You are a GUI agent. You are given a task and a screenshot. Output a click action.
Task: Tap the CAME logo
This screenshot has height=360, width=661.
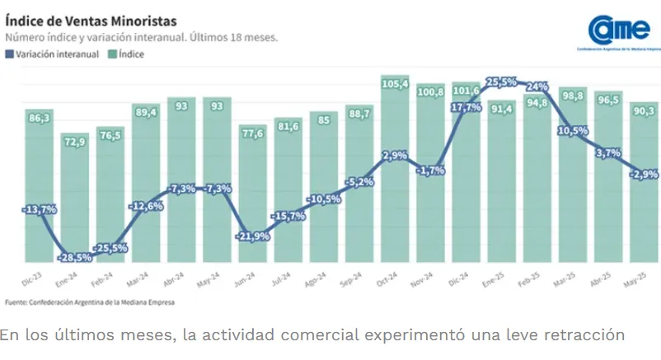click(x=619, y=30)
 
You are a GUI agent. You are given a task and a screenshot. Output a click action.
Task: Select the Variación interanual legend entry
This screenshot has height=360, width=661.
click(x=53, y=54)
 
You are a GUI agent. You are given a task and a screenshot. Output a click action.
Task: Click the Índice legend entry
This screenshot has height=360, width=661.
click(x=128, y=54)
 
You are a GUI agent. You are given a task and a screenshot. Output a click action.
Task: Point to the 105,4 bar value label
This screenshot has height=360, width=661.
click(x=396, y=84)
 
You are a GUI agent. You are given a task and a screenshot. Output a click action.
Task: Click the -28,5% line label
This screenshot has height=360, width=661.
click(x=75, y=258)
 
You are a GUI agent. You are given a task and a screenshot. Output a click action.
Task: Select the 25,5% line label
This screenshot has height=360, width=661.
click(x=502, y=82)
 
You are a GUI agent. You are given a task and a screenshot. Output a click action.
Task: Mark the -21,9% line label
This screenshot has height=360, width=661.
click(x=253, y=236)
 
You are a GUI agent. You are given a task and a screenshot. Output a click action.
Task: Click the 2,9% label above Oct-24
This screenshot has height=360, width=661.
click(x=396, y=156)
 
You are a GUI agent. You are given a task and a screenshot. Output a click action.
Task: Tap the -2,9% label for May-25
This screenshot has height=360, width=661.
click(x=645, y=174)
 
